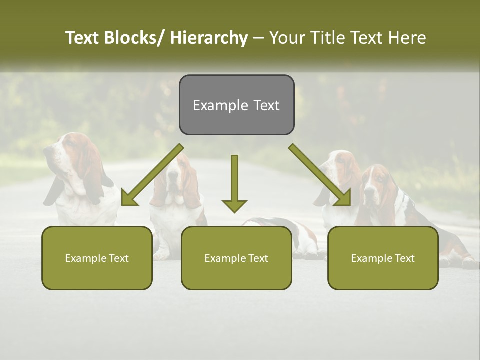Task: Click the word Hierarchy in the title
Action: (209, 38)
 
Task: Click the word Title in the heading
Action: (327, 38)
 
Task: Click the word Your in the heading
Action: (287, 38)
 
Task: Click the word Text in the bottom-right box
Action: (404, 258)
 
